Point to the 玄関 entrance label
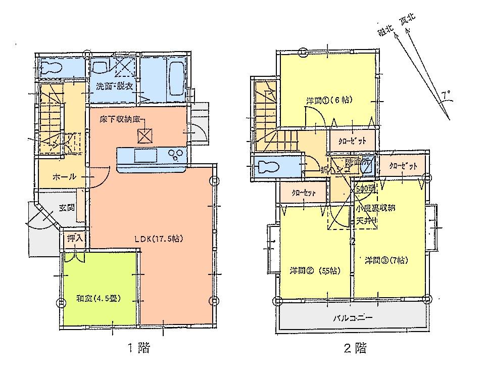tap(66, 207)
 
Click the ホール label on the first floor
tap(65, 177)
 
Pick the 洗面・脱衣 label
tap(115, 86)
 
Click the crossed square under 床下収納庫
tap(145, 135)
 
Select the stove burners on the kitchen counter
tap(177, 155)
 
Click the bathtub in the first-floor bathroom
tap(176, 76)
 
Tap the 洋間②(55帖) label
tap(315, 270)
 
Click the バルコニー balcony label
tap(352, 319)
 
